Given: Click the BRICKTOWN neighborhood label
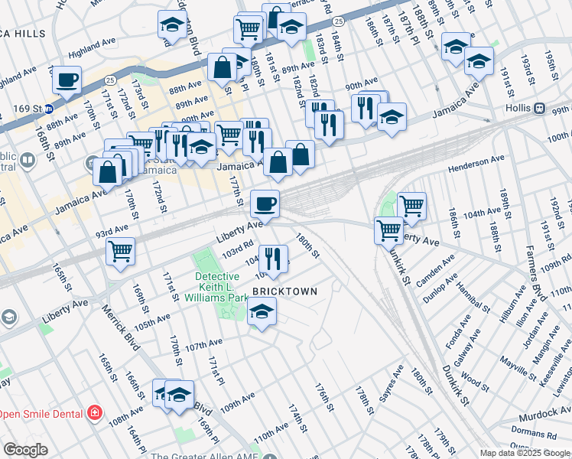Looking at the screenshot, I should [284, 291].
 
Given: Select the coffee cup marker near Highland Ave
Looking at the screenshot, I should [67, 80].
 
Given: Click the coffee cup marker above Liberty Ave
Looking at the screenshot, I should [265, 203].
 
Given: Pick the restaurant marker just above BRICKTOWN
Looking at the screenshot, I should [271, 258].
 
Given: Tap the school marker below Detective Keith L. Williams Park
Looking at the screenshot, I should [262, 311].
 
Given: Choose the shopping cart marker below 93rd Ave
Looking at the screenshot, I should [120, 250].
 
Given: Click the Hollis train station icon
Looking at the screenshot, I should [539, 108].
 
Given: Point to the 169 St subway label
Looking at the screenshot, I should [27, 108].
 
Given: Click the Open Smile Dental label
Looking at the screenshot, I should [41, 414].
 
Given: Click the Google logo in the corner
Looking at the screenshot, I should [25, 450].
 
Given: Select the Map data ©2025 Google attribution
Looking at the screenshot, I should [525, 453].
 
